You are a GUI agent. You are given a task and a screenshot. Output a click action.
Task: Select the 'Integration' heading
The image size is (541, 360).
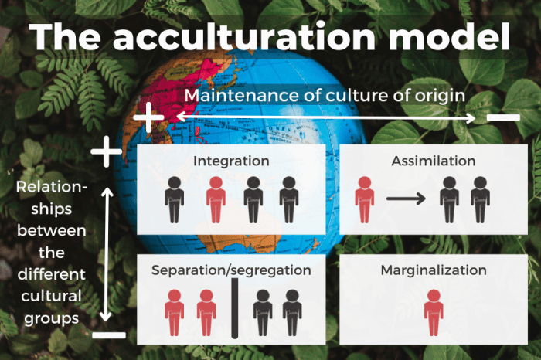click(231, 161)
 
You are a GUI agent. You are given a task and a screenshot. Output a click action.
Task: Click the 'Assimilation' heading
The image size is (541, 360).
click(433, 161)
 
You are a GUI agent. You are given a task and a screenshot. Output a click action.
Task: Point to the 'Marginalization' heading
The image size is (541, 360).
click(433, 270)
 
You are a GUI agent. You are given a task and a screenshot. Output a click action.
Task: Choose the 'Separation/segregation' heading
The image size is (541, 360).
click(231, 270)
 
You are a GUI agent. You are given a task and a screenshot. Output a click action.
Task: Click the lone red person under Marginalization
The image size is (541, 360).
click(434, 312)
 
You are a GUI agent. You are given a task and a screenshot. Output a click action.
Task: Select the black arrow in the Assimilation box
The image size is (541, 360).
click(405, 199)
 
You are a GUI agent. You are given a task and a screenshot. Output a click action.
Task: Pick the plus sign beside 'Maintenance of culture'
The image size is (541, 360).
click(149, 118)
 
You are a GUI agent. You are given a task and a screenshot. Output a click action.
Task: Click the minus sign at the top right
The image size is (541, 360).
click(503, 118)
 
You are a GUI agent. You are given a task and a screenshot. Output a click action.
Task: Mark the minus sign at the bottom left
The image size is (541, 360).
click(108, 335)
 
